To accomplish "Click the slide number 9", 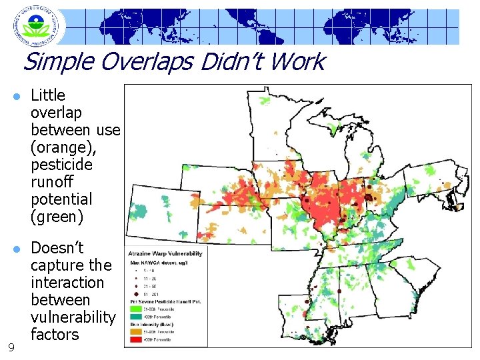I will point(11,347).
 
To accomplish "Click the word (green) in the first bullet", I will point(57,217).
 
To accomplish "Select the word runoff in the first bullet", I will point(52,182).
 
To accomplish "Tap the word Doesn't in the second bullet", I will point(57,248).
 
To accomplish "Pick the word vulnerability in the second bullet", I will point(73,317).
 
